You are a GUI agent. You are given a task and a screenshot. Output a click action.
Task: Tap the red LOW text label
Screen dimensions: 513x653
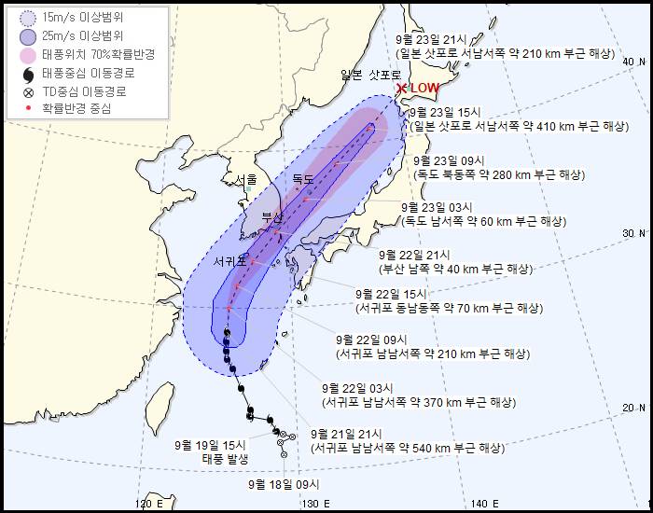(x=424, y=89)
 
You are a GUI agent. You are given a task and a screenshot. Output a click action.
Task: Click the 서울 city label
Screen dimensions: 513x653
(x=246, y=179)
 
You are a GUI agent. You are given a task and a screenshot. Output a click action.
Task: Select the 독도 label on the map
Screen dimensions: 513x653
(x=303, y=177)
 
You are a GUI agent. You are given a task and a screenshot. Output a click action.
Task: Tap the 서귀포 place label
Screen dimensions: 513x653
(x=229, y=260)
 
